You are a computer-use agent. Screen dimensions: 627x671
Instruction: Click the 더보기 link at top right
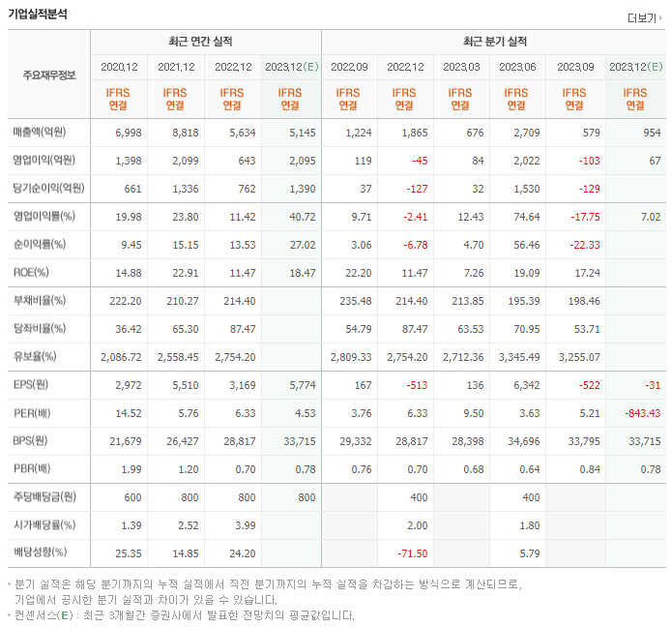coord(643,17)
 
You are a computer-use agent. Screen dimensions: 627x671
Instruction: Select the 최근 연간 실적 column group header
coord(205,42)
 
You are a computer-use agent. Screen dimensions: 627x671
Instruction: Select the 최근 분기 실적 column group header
coord(494,42)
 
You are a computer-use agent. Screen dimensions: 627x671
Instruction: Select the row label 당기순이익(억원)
coord(48,188)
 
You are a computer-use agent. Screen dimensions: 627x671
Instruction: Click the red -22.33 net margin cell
coord(575,244)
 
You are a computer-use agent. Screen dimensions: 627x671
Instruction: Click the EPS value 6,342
coord(524,385)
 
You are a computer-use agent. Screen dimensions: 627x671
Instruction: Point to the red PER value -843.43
coord(639,413)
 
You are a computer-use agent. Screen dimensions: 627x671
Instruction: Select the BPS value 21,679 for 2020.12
coord(121,441)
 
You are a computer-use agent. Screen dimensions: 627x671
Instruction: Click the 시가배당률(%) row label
coord(44,525)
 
